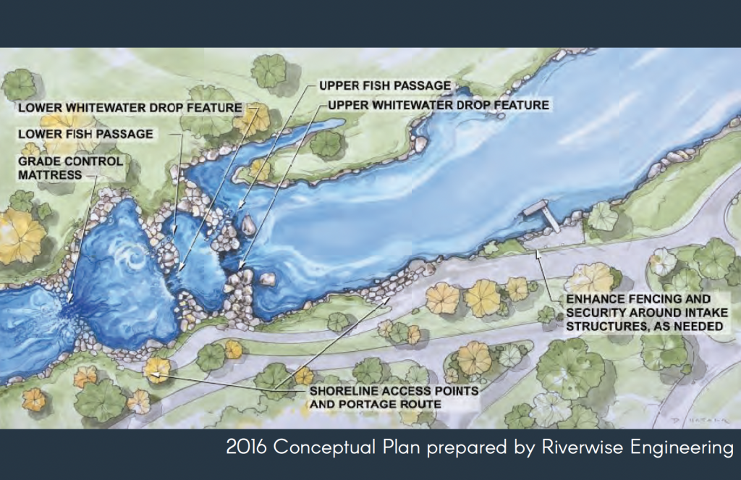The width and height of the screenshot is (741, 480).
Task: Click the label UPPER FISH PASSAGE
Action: click(x=384, y=85)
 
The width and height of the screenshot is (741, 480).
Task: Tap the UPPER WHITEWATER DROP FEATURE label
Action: click(x=438, y=105)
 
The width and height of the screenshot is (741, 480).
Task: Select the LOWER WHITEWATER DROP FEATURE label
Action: click(x=130, y=108)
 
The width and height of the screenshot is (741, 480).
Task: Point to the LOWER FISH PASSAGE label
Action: click(x=85, y=134)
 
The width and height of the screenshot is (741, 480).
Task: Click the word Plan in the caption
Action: click(x=408, y=448)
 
